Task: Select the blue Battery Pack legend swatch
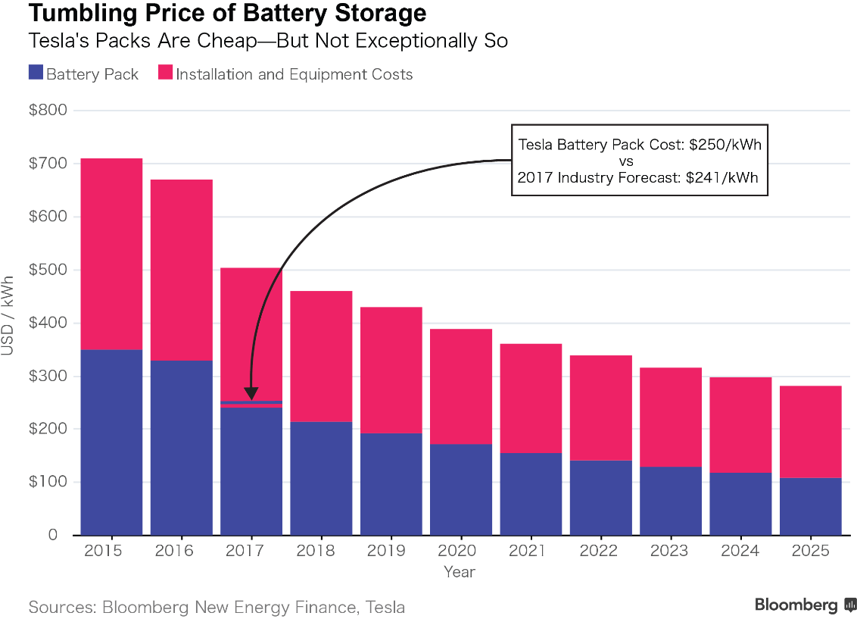(36, 73)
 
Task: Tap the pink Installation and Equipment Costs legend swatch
(165, 73)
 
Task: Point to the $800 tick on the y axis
(48, 111)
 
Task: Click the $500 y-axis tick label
(48, 270)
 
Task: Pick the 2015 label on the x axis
(103, 551)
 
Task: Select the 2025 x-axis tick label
(810, 551)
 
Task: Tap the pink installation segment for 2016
(181, 270)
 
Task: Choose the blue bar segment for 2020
(461, 489)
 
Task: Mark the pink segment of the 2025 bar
(810, 432)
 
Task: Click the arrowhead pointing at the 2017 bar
(251, 395)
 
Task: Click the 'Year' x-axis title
(460, 572)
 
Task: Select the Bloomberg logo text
(796, 605)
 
